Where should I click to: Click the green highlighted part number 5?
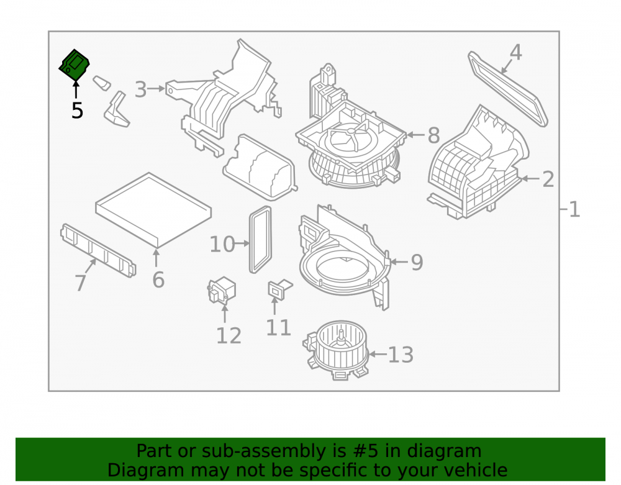pyautogui.click(x=74, y=65)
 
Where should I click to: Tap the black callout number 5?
pyautogui.click(x=77, y=111)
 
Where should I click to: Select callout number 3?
pyautogui.click(x=140, y=89)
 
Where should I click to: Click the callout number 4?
pyautogui.click(x=515, y=52)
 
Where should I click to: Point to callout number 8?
pyautogui.click(x=433, y=135)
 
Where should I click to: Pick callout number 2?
pyautogui.click(x=548, y=179)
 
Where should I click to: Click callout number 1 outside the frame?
pyautogui.click(x=574, y=209)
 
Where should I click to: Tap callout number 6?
pyautogui.click(x=158, y=280)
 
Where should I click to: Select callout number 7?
pyautogui.click(x=80, y=283)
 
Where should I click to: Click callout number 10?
pyautogui.click(x=222, y=244)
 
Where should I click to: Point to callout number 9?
pyautogui.click(x=417, y=262)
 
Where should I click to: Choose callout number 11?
pyautogui.click(x=278, y=327)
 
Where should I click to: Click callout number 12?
pyautogui.click(x=229, y=336)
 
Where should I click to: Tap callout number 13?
pyautogui.click(x=401, y=355)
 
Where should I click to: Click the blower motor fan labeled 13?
pyautogui.click(x=337, y=350)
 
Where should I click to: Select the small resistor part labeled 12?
pyautogui.click(x=222, y=290)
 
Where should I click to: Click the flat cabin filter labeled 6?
pyautogui.click(x=153, y=210)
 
